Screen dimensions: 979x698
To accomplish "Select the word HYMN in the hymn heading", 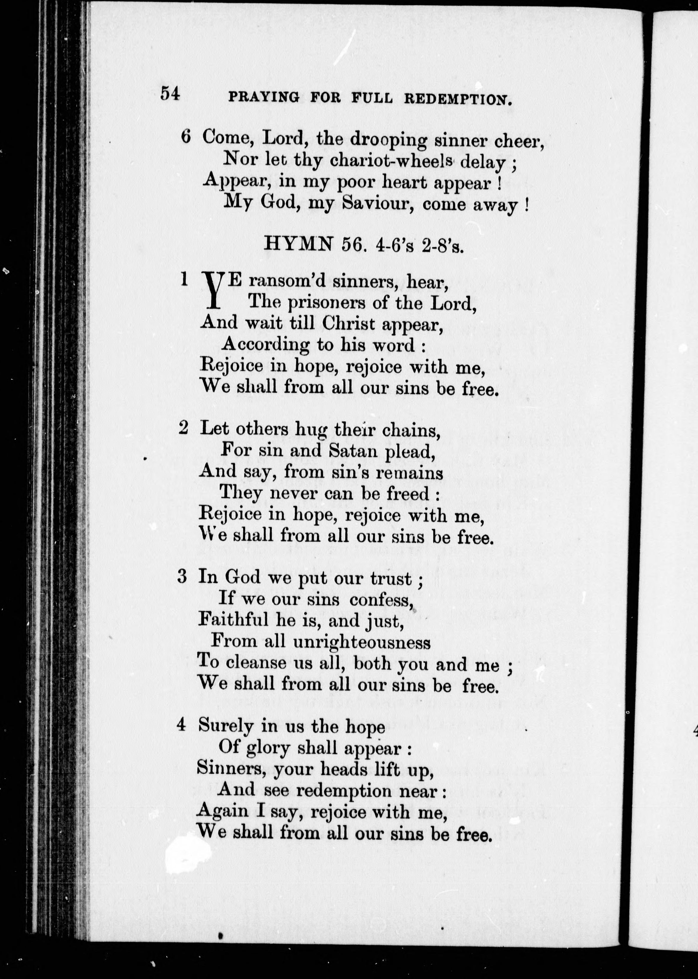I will [x=299, y=244].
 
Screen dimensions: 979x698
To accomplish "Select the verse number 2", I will [x=183, y=428].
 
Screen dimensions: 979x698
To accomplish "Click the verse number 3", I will [x=182, y=577].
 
